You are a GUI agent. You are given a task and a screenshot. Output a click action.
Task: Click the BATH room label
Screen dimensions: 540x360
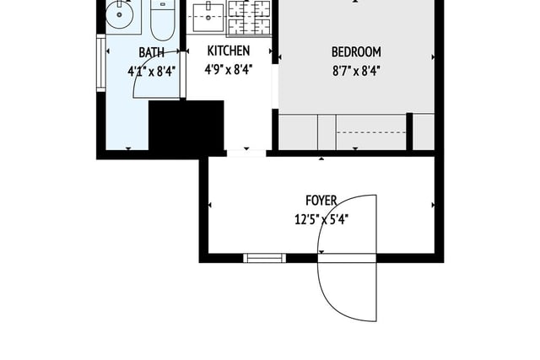pyautogui.click(x=151, y=52)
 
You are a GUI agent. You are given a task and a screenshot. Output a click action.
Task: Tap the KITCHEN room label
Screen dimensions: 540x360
pyautogui.click(x=229, y=51)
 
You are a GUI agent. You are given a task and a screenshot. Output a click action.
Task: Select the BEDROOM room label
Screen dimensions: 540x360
pyautogui.click(x=356, y=52)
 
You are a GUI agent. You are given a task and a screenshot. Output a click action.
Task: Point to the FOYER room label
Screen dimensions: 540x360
pyautogui.click(x=321, y=201)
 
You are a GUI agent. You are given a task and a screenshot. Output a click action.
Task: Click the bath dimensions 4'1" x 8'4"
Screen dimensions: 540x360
pyautogui.click(x=152, y=72)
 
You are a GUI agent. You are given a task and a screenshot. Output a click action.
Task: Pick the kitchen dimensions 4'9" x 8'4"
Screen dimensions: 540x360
pyautogui.click(x=229, y=70)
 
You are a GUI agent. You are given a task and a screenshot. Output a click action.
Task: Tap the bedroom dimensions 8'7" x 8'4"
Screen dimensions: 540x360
pyautogui.click(x=356, y=72)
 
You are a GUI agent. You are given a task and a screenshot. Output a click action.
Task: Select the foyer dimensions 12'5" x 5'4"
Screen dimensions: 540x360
pyautogui.click(x=321, y=219)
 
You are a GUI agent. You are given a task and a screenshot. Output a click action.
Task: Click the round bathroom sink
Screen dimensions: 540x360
pyautogui.click(x=119, y=14)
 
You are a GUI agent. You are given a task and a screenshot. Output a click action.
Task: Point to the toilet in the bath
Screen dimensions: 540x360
pyautogui.click(x=163, y=20)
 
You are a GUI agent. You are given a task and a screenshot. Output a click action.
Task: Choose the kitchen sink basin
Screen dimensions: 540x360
pyautogui.click(x=208, y=17)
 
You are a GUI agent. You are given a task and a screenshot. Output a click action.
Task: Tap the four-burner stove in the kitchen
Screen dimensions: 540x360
pyautogui.click(x=249, y=17)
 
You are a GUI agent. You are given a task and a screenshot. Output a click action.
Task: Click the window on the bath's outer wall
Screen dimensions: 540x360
pyautogui.click(x=101, y=63)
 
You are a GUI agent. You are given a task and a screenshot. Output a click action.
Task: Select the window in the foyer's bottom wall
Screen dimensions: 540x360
pyautogui.click(x=264, y=258)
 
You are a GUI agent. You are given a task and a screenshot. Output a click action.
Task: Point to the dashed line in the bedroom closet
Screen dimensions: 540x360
pyautogui.click(x=371, y=132)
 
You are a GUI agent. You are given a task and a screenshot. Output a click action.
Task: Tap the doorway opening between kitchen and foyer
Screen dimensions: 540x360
pyautogui.click(x=246, y=153)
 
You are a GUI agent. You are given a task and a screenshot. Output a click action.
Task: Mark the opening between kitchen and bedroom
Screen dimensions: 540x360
pyautogui.click(x=275, y=86)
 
